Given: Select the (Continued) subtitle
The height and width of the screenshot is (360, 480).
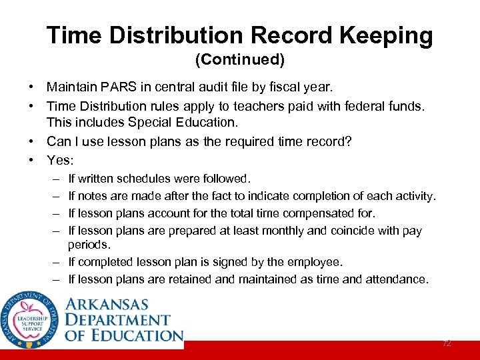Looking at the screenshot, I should tap(239, 60).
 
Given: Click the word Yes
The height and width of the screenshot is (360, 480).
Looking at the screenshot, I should tap(60, 159).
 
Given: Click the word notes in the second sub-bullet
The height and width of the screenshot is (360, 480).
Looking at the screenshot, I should tap(95, 196).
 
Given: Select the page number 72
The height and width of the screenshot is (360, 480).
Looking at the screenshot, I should tap(447, 343).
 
